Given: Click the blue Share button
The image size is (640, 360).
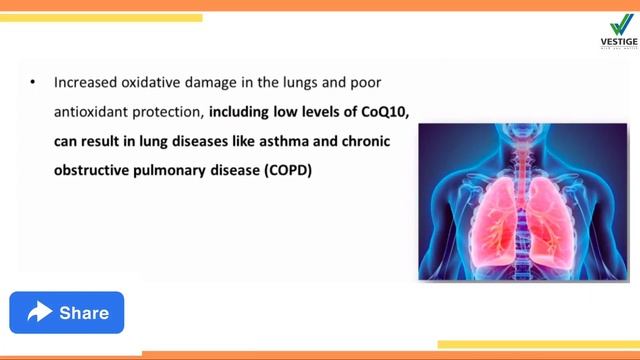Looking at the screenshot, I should (x=67, y=313).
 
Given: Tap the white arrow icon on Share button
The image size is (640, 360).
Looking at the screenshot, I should (x=40, y=313).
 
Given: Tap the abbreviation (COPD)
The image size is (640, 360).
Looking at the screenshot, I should (x=289, y=170).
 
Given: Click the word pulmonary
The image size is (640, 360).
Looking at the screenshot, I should (x=173, y=170).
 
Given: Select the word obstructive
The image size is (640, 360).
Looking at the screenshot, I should (x=93, y=170).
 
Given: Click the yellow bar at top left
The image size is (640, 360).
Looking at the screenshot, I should (x=100, y=17).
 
